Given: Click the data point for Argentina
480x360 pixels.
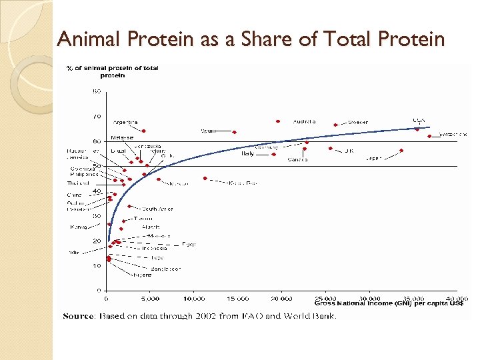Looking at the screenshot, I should click(x=143, y=131).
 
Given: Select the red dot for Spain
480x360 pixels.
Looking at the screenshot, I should click(x=235, y=132).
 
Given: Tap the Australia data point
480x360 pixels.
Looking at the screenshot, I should click(x=278, y=121).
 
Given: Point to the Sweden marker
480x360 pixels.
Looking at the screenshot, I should click(x=335, y=125).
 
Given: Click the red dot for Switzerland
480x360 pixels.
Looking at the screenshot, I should click(x=429, y=136).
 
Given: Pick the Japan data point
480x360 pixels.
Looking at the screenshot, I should click(x=402, y=151).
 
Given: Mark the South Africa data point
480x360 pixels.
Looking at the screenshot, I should click(x=129, y=206).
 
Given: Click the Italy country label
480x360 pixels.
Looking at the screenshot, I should click(x=248, y=153).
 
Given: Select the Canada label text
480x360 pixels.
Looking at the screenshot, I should click(x=297, y=159).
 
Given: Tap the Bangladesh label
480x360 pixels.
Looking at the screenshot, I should click(x=165, y=268).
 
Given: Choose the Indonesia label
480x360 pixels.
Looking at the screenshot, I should click(x=154, y=248).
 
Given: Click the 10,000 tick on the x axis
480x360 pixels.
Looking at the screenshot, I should click(x=195, y=299).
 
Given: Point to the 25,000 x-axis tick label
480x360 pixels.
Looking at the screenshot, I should click(x=327, y=299).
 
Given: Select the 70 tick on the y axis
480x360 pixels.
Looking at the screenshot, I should click(x=97, y=116).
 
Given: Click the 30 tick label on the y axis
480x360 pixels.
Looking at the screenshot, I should click(x=97, y=216).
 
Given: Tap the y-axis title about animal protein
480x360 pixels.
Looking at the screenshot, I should click(x=111, y=71).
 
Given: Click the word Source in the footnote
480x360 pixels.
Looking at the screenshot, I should click(x=79, y=316).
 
